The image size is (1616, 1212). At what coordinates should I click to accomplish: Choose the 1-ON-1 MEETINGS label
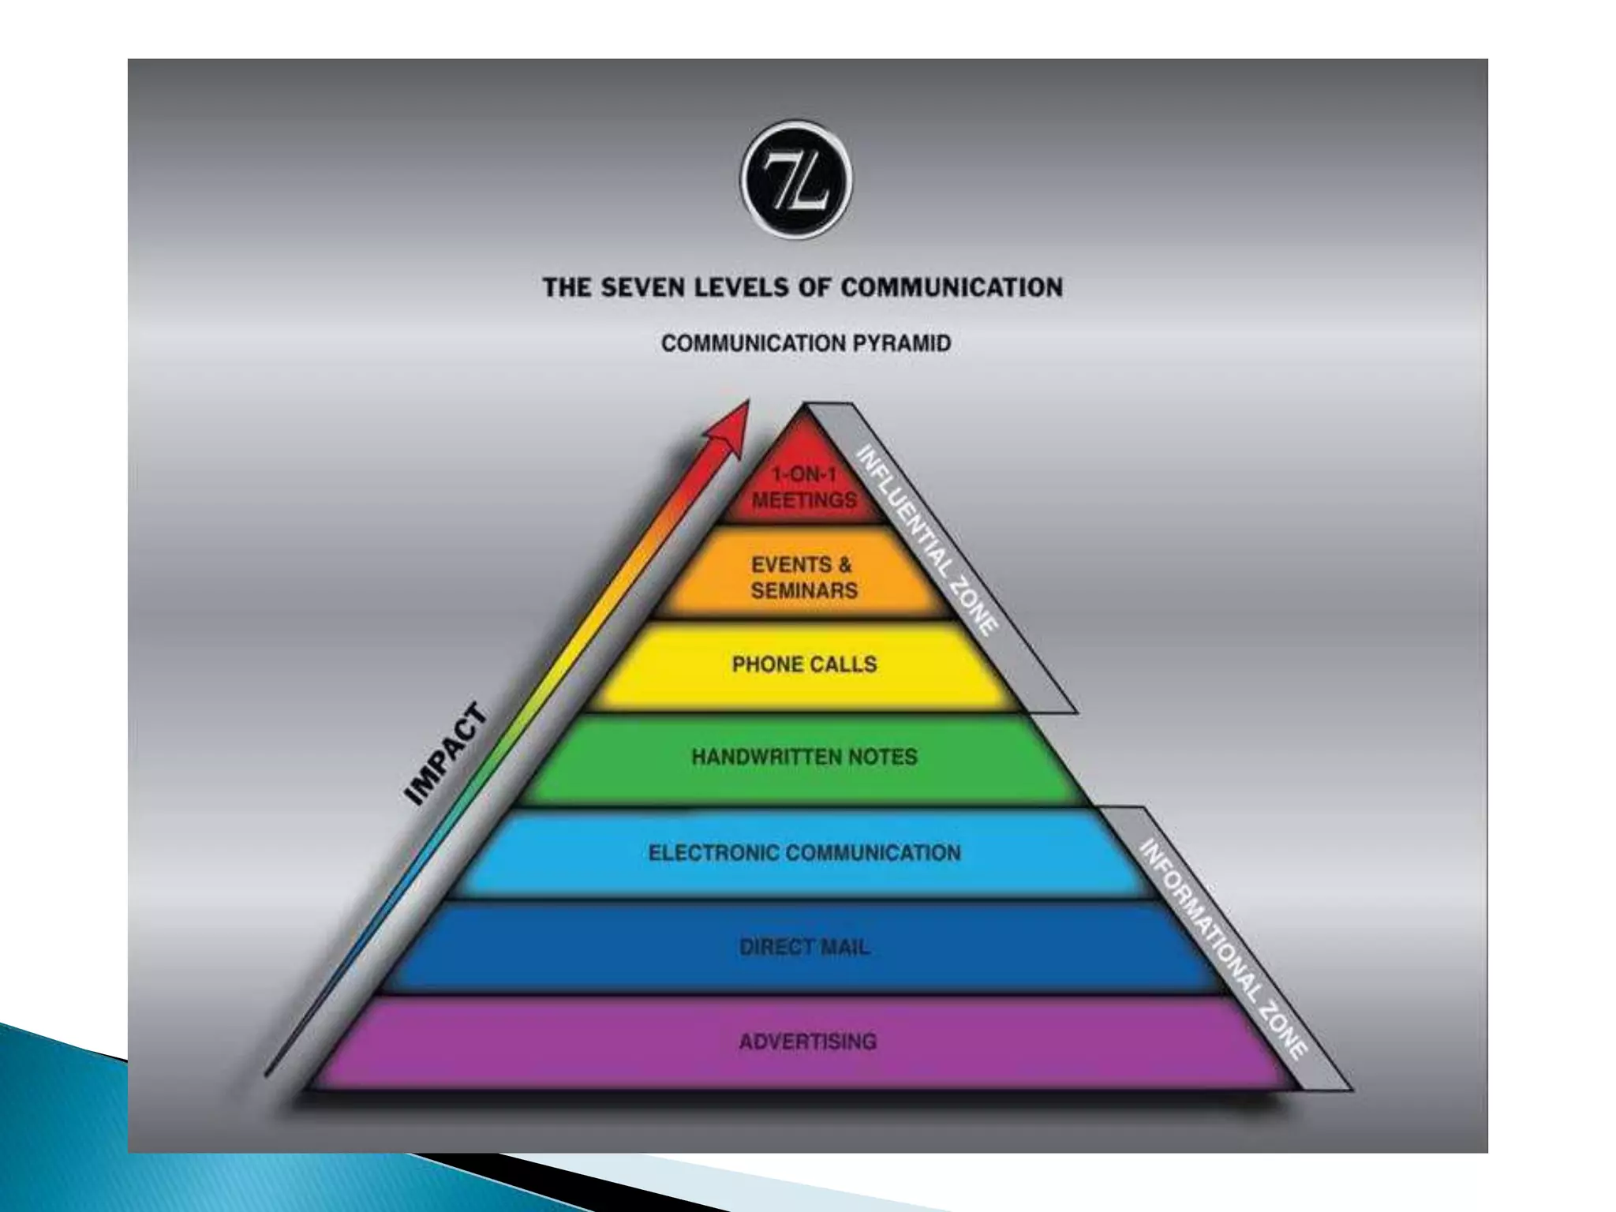pyautogui.click(x=803, y=488)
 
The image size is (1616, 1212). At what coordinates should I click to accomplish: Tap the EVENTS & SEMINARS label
pyautogui.click(x=803, y=578)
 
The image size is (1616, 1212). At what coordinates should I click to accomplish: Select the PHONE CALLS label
pyautogui.click(x=804, y=664)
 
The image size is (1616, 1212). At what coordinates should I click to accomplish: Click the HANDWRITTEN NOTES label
pyautogui.click(x=804, y=757)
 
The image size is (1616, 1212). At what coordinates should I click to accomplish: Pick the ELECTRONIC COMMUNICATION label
pyautogui.click(x=804, y=853)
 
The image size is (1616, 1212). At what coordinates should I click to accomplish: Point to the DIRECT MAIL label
pyautogui.click(x=804, y=947)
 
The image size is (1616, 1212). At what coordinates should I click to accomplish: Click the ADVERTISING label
pyautogui.click(x=807, y=1042)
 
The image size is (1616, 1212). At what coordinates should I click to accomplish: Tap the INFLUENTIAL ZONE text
pyautogui.click(x=928, y=541)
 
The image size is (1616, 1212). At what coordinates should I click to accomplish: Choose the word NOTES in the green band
pyautogui.click(x=883, y=757)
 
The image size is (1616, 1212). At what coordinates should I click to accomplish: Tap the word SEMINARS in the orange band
pyautogui.click(x=804, y=591)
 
